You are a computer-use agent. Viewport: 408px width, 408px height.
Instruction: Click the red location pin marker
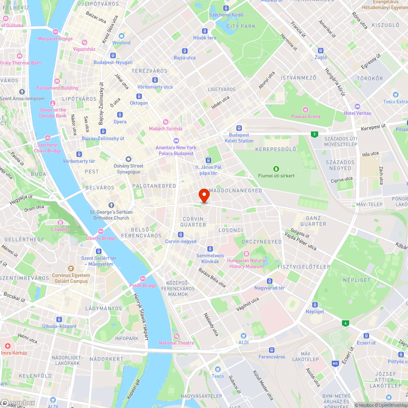[204, 195]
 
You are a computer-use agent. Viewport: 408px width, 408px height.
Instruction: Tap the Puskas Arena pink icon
[306, 109]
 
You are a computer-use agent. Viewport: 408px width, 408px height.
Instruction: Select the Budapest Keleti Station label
[239, 138]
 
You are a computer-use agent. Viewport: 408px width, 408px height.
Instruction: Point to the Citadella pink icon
[60, 223]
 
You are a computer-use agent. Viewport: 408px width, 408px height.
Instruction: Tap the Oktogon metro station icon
[139, 96]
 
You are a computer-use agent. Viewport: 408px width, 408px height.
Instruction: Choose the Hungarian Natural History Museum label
[246, 263]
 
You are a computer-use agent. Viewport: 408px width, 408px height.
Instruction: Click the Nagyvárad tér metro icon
[269, 281]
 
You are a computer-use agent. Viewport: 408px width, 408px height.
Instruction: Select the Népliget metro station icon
[315, 305]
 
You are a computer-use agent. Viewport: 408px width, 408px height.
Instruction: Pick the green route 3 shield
[314, 134]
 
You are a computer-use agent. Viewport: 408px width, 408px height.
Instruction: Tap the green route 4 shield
[346, 323]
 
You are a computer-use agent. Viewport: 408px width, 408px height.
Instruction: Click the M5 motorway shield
[335, 363]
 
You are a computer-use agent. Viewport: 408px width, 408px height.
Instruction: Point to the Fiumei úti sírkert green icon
[276, 169]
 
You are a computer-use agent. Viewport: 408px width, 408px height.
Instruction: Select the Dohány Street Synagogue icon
[129, 159]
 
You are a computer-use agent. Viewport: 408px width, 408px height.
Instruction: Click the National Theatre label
[177, 343]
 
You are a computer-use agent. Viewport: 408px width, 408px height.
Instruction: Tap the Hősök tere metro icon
[205, 31]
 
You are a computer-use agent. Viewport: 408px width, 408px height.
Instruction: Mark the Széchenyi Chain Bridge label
[48, 148]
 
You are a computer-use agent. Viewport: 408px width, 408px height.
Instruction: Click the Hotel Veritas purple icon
[357, 106]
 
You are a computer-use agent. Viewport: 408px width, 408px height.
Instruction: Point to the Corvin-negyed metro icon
[181, 235]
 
